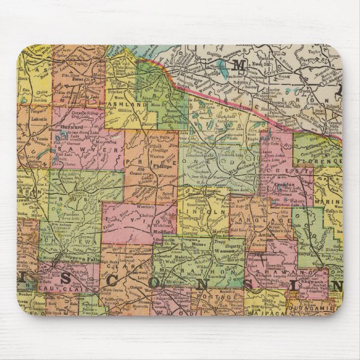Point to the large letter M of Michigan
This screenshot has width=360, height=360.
coord(239,65)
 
